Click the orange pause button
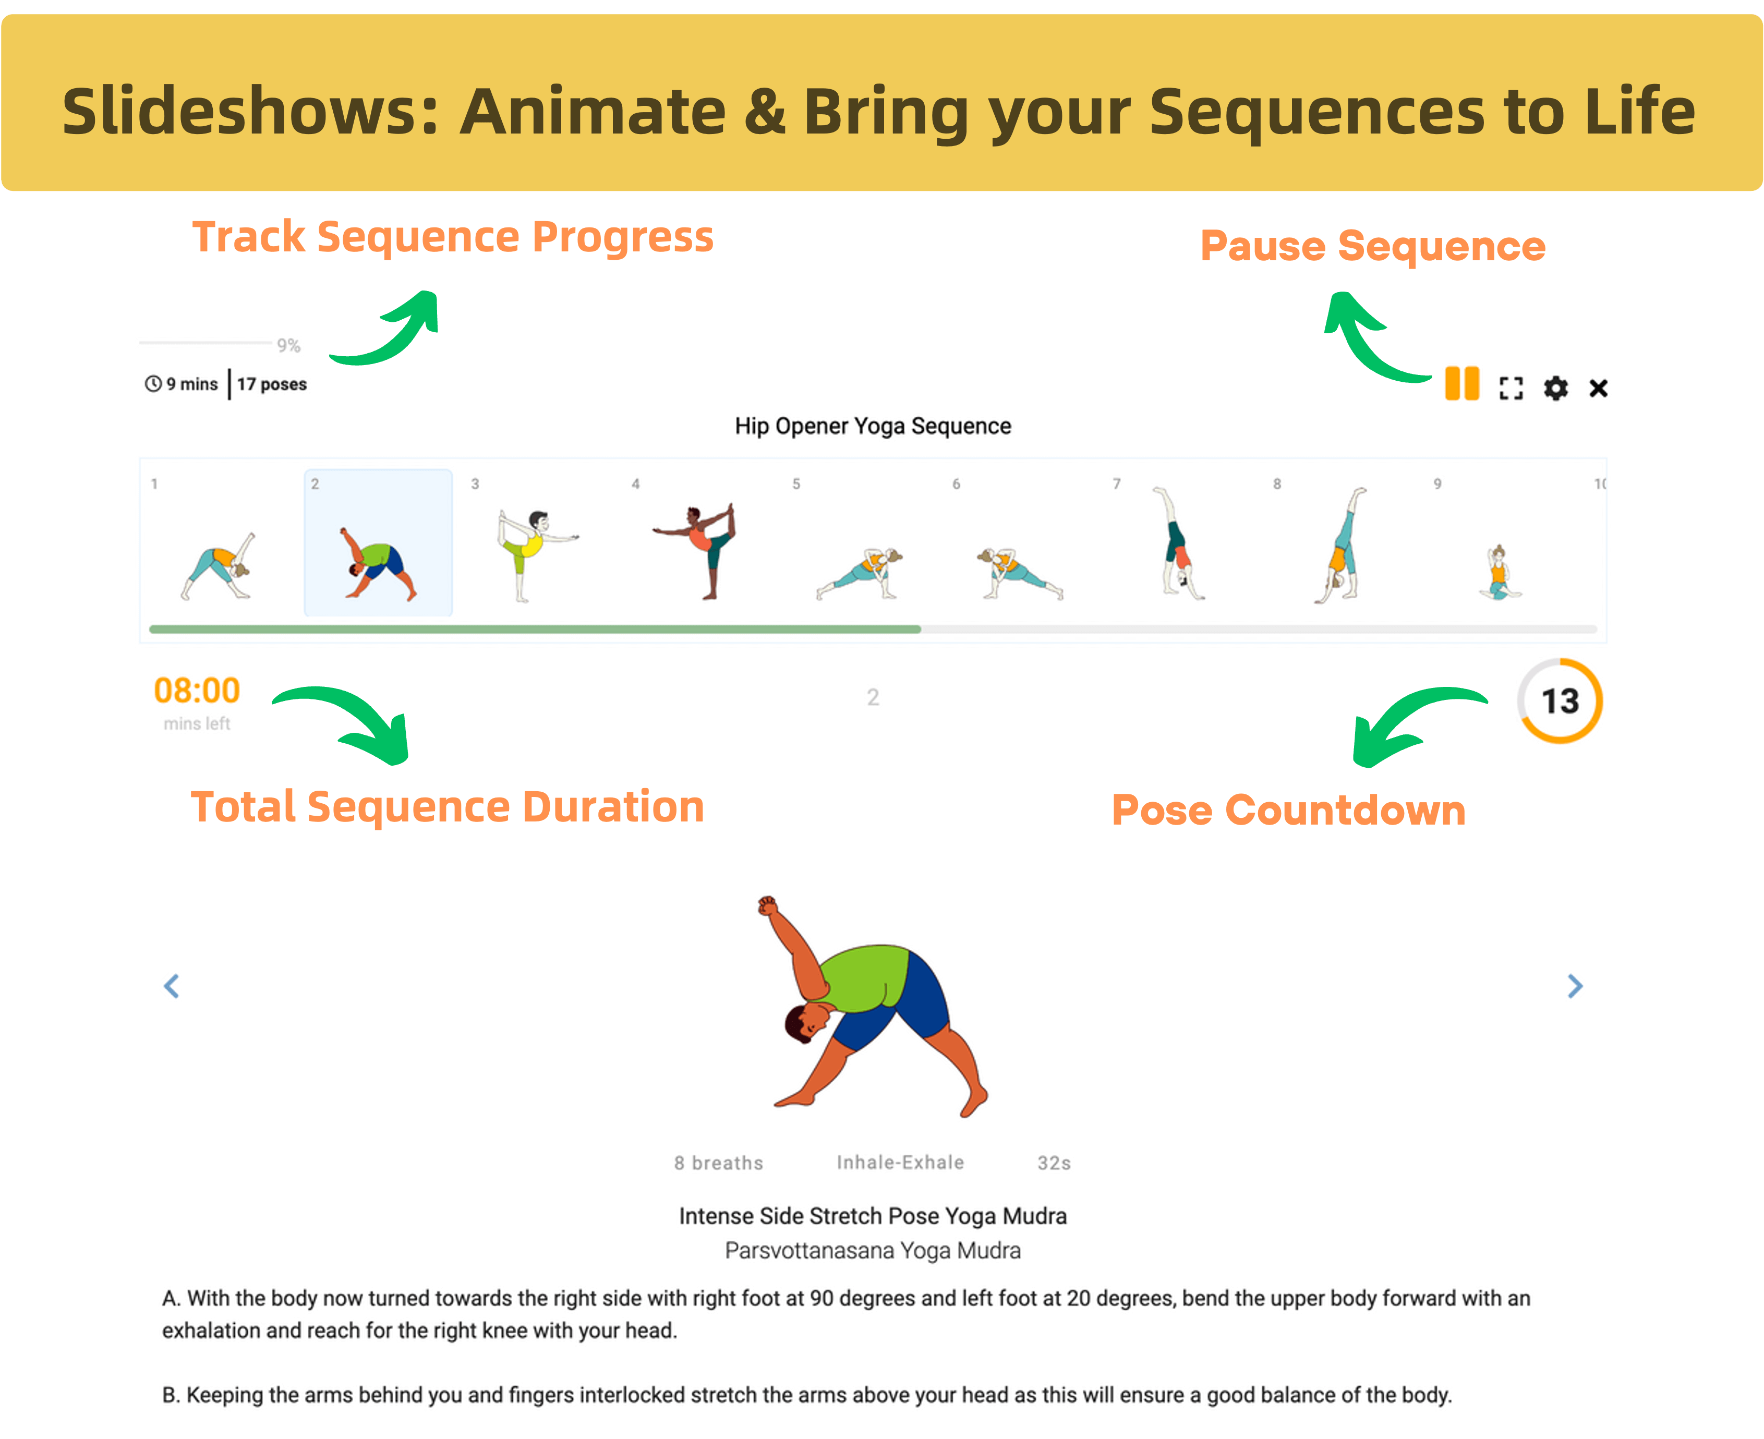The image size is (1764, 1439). (1461, 384)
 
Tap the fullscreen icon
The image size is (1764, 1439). (1511, 388)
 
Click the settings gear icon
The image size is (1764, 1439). (1556, 388)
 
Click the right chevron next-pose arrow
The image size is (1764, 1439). (1575, 986)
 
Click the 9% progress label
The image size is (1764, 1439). (288, 346)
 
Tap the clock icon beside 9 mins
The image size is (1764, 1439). (153, 384)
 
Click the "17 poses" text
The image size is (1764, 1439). (272, 384)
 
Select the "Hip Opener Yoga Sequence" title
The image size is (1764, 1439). (873, 426)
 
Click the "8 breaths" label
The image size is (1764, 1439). (719, 1163)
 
